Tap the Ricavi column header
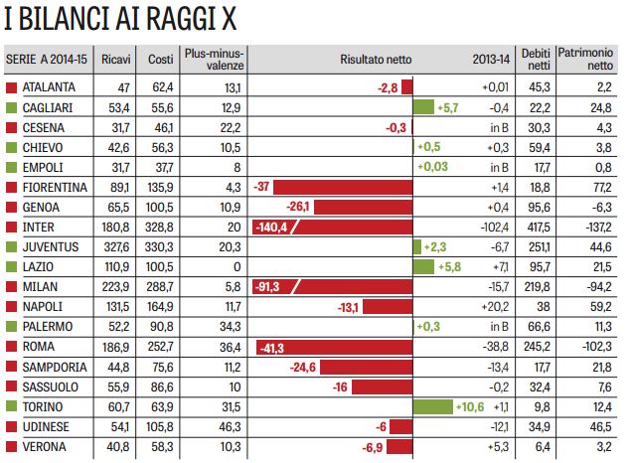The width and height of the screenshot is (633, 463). [116, 59]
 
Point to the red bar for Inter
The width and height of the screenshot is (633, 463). [333, 227]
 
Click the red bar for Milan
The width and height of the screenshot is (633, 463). [333, 286]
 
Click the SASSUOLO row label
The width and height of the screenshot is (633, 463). [49, 386]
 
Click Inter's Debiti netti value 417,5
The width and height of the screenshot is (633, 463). [538, 227]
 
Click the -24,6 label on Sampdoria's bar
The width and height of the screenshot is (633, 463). [303, 366]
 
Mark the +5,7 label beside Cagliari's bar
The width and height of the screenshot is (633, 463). [447, 107]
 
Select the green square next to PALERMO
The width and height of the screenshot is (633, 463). [11, 326]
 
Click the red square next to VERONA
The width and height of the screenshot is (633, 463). [11, 445]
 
